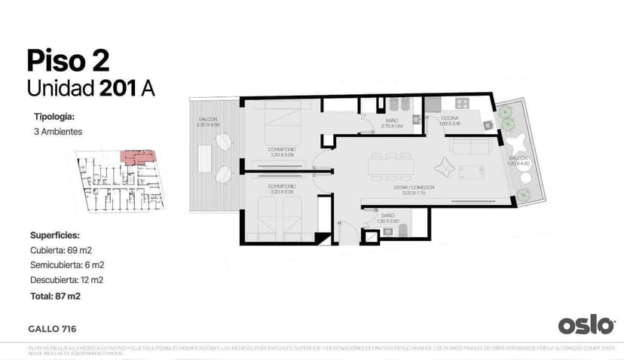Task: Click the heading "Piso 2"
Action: pos(67,61)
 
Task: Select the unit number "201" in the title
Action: pos(117,88)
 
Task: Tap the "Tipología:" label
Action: pos(54,117)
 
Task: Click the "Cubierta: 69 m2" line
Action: pos(61,249)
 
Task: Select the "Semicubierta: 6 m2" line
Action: pos(67,264)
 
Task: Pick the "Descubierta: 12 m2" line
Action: pos(66,280)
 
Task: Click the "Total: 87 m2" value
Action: pos(55,296)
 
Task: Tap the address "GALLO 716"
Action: pos(52,329)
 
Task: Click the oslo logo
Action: pos(586,325)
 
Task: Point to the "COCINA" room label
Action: pos(449,119)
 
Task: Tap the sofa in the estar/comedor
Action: pos(471,145)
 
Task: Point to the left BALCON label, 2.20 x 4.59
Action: pos(208,121)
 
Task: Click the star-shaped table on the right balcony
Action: pos(518,145)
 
